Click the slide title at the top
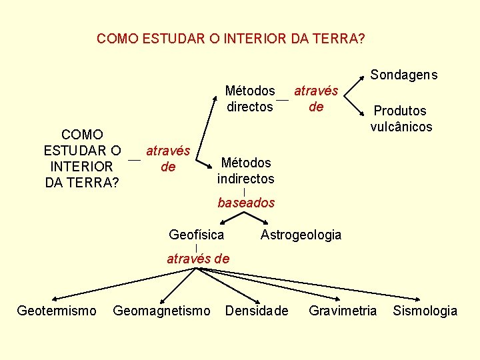point(231,39)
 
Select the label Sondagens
point(404,75)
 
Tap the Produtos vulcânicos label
point(401,119)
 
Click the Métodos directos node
point(250,99)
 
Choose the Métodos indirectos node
point(245,171)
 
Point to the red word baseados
point(246,203)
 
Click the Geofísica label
point(197,235)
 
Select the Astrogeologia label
point(301,235)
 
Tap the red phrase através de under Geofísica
point(197,259)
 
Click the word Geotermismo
point(57,311)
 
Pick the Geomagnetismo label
point(162,311)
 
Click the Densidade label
point(257,311)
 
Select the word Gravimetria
point(343,311)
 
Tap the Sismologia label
point(425,311)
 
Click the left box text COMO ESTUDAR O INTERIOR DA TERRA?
point(81,157)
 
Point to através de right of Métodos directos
point(316,98)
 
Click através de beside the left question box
point(168,159)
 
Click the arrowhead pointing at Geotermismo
point(53,299)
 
